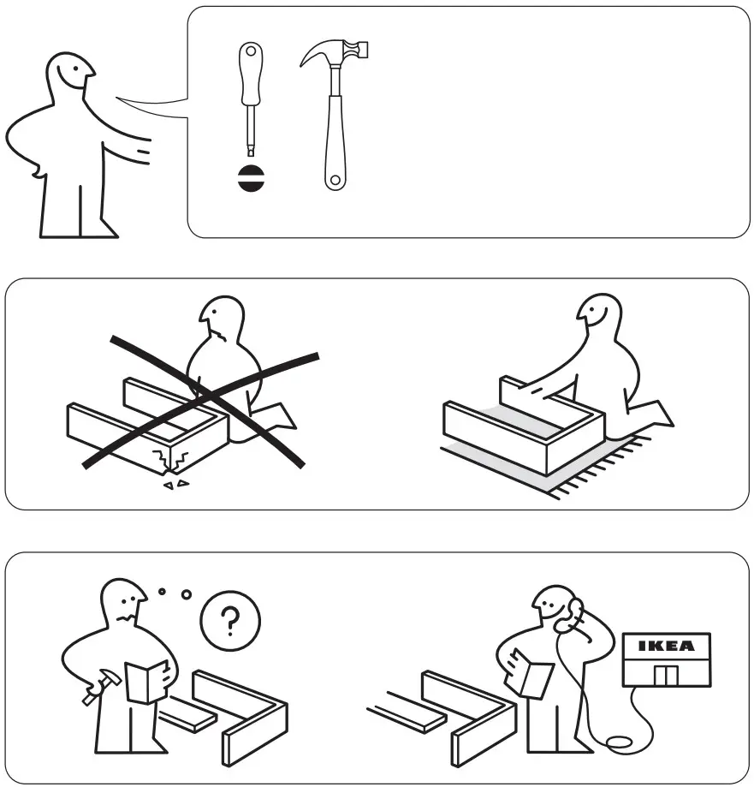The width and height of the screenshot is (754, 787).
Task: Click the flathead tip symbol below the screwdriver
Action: [x=251, y=179]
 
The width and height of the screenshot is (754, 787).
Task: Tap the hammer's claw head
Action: [x=335, y=53]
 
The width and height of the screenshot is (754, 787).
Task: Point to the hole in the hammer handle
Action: [x=335, y=180]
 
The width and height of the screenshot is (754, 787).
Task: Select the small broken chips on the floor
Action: [x=176, y=486]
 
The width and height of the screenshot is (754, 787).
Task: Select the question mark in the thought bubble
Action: [x=229, y=617]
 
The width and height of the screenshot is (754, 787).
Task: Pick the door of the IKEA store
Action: [x=665, y=676]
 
